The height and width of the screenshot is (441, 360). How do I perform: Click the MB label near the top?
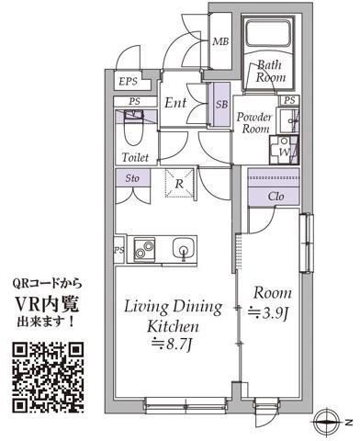pyautogui.click(x=220, y=42)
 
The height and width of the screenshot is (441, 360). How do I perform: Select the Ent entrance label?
pyautogui.click(x=176, y=104)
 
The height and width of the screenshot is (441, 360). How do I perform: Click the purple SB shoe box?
pyautogui.click(x=220, y=104)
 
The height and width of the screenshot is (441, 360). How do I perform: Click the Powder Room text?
pyautogui.click(x=253, y=123)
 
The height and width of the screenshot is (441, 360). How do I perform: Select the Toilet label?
pyautogui.click(x=136, y=158)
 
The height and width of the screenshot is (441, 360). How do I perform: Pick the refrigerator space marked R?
pyautogui.click(x=178, y=185)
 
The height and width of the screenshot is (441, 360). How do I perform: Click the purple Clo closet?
pyautogui.click(x=276, y=195)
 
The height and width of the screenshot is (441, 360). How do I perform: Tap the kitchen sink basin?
pyautogui.click(x=184, y=248)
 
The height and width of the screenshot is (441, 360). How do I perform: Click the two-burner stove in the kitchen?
pyautogui.click(x=145, y=248)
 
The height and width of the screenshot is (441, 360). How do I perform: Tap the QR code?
pyautogui.click(x=50, y=377)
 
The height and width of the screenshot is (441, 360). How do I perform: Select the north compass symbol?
pyautogui.click(x=328, y=424)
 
